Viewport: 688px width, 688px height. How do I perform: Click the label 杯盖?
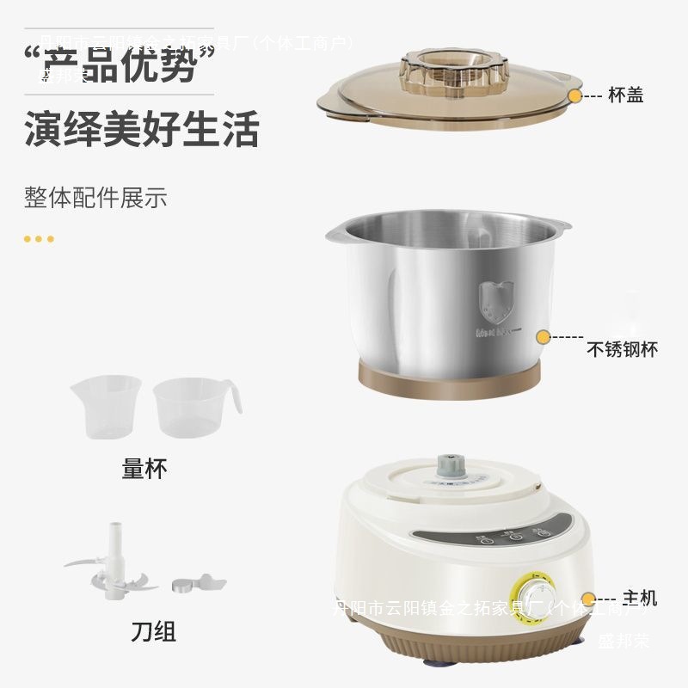click(625, 96)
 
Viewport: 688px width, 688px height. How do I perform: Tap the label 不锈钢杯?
click(622, 350)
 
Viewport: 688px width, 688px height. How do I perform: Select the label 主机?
click(639, 598)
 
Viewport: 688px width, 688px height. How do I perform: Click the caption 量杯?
click(144, 469)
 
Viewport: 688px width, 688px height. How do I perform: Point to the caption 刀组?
click(154, 632)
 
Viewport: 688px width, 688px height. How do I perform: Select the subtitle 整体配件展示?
click(95, 197)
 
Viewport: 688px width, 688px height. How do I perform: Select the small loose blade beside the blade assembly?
click(191, 585)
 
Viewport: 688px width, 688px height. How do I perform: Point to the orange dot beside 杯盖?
click(575, 96)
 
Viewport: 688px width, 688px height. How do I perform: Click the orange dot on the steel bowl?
click(544, 336)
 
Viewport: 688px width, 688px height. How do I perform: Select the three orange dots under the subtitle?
click(39, 238)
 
